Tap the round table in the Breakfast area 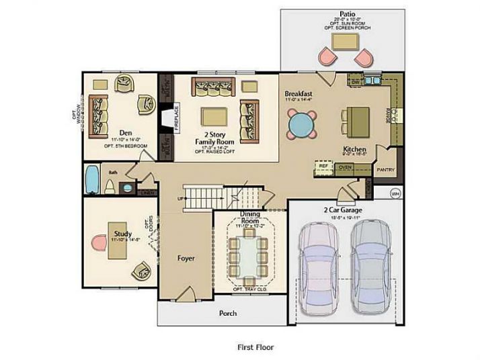coord(301,124)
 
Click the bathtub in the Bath coord(93,181)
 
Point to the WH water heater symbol coord(395,193)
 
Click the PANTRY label coord(385,170)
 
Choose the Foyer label coord(186,258)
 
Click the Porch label coord(229,313)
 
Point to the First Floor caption coord(255,347)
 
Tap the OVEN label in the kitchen coord(346,167)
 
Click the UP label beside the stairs coord(179,199)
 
